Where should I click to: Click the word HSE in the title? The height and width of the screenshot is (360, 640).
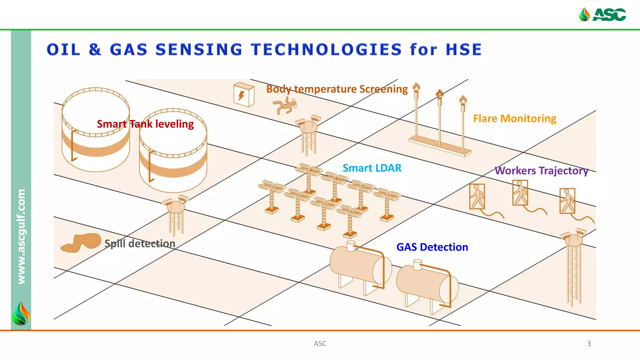[x=464, y=50]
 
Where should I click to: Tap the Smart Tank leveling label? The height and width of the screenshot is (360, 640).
[x=145, y=124]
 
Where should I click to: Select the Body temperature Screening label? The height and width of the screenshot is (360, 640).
[x=337, y=89]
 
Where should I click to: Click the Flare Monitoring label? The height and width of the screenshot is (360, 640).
[x=514, y=119]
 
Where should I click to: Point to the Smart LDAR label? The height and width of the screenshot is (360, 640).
[x=372, y=168]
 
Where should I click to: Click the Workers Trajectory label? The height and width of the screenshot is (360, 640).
[x=541, y=171]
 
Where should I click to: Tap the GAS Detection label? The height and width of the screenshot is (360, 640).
[x=432, y=247]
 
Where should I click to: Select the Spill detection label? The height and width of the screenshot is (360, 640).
[x=140, y=243]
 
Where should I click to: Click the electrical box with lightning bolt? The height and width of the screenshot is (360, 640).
[x=244, y=94]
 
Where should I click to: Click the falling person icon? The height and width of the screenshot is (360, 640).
[x=285, y=105]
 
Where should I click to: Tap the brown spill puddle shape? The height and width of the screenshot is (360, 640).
[x=81, y=242]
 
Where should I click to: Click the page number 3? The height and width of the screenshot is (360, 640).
[x=589, y=343]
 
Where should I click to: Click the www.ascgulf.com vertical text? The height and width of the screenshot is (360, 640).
[x=21, y=237]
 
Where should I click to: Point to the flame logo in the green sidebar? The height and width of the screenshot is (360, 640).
[x=21, y=313]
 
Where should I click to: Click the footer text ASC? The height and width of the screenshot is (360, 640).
[x=320, y=343]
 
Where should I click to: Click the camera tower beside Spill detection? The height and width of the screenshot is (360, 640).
[x=176, y=216]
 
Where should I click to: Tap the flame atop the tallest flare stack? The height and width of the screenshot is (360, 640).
[x=416, y=87]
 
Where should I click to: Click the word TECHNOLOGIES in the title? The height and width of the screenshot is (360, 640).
[x=326, y=50]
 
